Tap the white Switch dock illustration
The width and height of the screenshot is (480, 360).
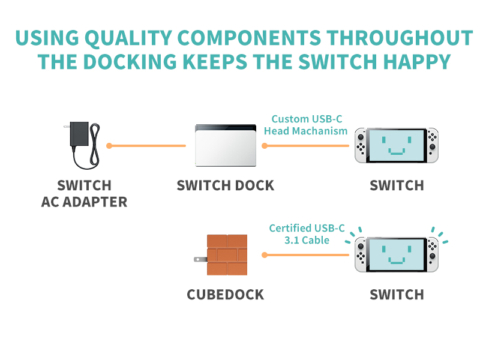tap(226, 146)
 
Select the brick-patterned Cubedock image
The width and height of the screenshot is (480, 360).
tap(227, 255)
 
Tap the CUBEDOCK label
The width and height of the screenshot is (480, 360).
tap(225, 295)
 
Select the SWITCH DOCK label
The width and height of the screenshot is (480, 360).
tap(225, 185)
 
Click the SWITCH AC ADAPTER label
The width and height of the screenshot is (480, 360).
tap(85, 193)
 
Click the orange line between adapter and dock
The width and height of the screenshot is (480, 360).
tap(148, 146)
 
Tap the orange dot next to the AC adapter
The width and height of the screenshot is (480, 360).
tap(109, 146)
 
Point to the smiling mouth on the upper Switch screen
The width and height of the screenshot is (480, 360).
tap(397, 152)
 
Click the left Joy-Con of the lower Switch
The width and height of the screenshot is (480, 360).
tap(361, 255)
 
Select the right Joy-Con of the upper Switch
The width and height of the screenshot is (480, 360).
tap(433, 145)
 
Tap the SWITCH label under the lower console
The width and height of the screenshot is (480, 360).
tap(397, 295)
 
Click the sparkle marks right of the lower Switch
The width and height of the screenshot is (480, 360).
tap(440, 235)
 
